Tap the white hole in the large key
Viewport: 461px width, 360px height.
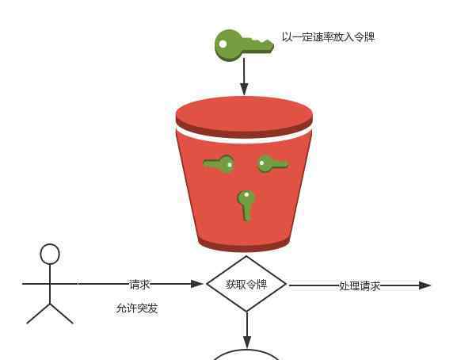223,44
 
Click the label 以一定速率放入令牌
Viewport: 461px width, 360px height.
329,37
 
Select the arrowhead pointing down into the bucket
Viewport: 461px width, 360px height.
244,89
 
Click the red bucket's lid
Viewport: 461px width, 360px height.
244,116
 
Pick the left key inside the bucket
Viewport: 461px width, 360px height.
219,163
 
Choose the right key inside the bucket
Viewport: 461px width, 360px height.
272,164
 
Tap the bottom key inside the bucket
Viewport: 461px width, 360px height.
246,205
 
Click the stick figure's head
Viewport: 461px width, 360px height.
50,254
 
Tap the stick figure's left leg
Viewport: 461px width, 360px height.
38,314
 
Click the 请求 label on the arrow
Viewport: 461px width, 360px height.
139,285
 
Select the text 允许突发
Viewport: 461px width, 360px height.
137,308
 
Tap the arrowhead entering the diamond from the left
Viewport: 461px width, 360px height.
197,284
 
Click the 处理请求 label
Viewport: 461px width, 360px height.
360,285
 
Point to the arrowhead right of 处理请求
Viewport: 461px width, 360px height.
425,285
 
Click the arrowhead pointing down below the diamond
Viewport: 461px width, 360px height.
247,343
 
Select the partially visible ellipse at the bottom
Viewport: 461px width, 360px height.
246,351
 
